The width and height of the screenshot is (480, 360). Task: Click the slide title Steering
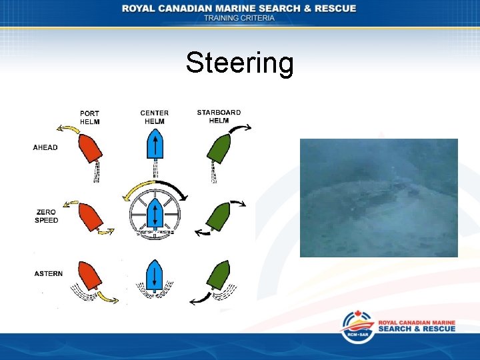[239, 63]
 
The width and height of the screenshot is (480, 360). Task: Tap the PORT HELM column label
[89, 117]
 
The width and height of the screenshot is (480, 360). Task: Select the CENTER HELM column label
[154, 117]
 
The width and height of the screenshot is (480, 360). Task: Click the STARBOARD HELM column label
[219, 116]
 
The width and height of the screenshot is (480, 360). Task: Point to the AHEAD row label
[45, 147]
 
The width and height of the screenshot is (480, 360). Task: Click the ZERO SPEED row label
[47, 216]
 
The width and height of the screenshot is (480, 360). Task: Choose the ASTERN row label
[49, 273]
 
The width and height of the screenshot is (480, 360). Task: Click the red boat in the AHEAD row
[89, 147]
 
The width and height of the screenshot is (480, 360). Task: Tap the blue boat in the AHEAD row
[154, 144]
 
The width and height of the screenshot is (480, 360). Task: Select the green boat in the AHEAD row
[219, 147]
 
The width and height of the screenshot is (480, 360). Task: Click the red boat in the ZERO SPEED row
[89, 217]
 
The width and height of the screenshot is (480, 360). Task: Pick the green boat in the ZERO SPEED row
[219, 215]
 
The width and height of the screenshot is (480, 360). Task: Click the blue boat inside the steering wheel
[154, 213]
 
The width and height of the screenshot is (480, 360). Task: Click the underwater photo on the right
[379, 197]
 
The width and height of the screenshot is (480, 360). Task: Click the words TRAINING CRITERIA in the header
[239, 18]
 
